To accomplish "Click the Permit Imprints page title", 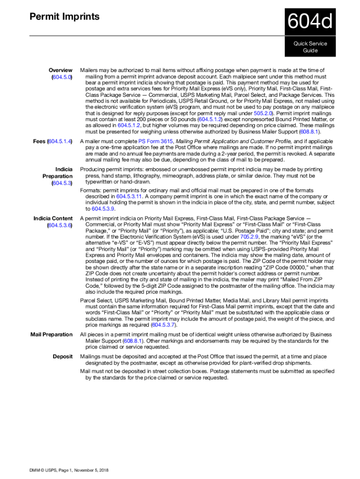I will [65, 17].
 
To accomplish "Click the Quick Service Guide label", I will [310, 47].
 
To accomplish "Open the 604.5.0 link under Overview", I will [62, 77].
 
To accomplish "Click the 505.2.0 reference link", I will [263, 113].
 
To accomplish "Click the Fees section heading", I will [39, 141].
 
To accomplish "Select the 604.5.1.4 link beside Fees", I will [60, 141].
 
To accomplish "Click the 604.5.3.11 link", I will [131, 197].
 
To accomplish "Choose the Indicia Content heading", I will [53, 218].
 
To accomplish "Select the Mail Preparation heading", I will [51, 334].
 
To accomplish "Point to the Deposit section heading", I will [62, 356].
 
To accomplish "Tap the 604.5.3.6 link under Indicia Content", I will [59, 225].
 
